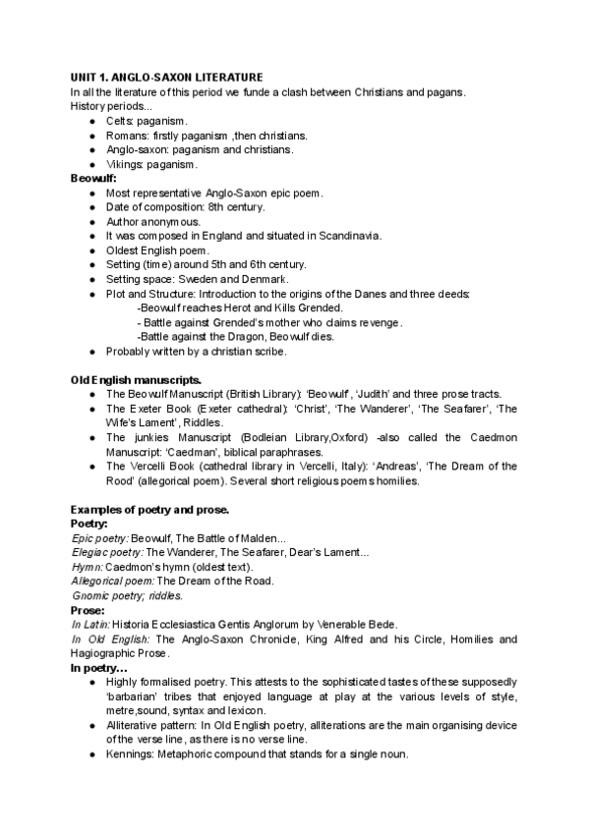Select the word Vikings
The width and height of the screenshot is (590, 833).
coord(126,164)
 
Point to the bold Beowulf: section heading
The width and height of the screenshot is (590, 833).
coord(93,179)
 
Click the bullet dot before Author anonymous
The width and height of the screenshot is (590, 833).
coord(91,222)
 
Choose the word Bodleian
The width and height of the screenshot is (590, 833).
coord(253,437)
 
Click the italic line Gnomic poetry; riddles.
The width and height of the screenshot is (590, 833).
coord(128,595)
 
